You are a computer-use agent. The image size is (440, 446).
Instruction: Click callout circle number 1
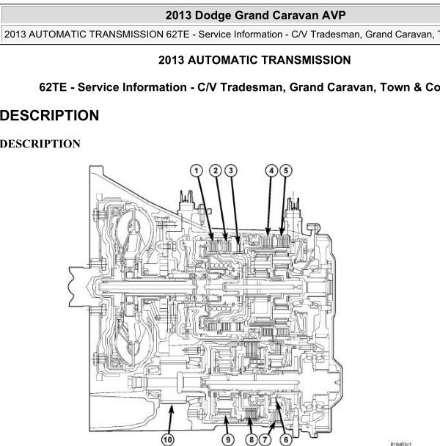(197, 171)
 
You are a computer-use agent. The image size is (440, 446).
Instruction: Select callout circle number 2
(216, 171)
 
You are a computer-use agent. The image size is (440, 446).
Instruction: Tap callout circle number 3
(231, 171)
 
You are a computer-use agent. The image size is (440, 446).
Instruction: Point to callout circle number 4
(271, 171)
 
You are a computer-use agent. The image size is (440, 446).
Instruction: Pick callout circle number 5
(286, 171)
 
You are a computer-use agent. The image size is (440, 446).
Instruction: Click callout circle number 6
(286, 439)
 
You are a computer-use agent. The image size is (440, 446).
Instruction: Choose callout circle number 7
(265, 439)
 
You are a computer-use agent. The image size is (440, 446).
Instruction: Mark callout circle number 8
(251, 439)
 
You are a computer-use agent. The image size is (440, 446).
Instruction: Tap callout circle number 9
(228, 439)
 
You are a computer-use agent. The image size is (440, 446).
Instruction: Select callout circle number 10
(168, 439)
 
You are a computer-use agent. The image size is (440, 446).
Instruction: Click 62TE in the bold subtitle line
(53, 87)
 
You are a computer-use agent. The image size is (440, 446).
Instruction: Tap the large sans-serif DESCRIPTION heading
(49, 115)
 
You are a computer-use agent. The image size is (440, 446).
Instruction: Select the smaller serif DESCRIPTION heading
(40, 144)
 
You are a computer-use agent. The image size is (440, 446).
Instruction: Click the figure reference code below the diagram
(400, 444)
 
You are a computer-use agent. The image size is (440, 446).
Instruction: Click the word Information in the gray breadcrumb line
(257, 34)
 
